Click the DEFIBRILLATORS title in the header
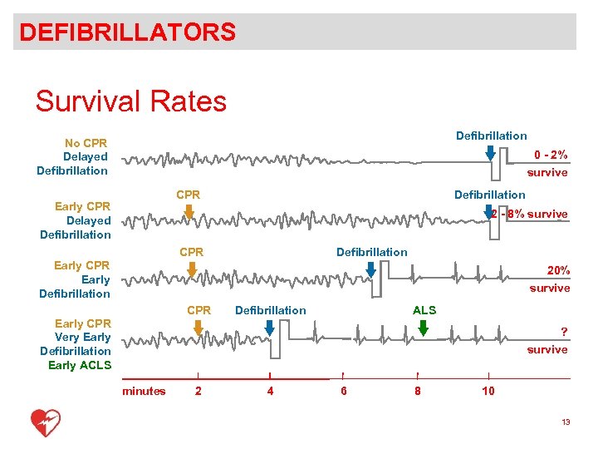tap(128, 32)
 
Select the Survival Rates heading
tap(130, 101)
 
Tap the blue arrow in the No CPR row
tap(490, 152)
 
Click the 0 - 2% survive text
tap(547, 163)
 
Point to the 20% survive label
tap(550, 279)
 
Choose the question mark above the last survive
tap(564, 332)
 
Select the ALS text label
tap(424, 310)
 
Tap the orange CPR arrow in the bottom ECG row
tap(198, 328)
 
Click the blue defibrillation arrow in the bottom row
tap(269, 328)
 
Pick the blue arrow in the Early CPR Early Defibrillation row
tap(370, 269)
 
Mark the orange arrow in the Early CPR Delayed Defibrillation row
tap(189, 212)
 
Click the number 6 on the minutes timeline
tap(344, 391)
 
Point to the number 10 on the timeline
tap(488, 391)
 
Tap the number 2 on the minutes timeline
tap(197, 391)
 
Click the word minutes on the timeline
tap(144, 391)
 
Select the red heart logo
tap(45, 422)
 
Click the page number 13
tap(566, 422)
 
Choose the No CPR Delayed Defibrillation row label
tap(73, 156)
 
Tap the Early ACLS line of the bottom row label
tap(79, 365)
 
